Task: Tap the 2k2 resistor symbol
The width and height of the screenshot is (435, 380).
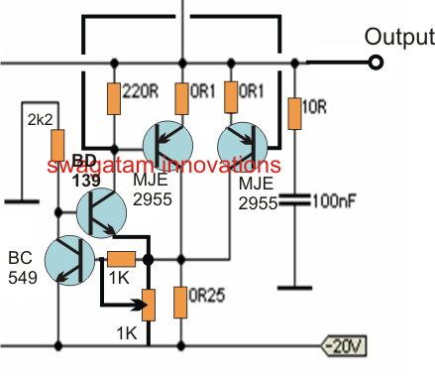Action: point(57,144)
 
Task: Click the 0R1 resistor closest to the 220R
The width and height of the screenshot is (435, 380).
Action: point(181,96)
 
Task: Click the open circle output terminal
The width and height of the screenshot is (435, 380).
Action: point(376,63)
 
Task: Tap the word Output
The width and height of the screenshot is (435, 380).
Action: point(398,38)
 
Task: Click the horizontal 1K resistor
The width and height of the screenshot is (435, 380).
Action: point(121,259)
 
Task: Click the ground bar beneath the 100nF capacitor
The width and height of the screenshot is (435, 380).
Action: point(294,289)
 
